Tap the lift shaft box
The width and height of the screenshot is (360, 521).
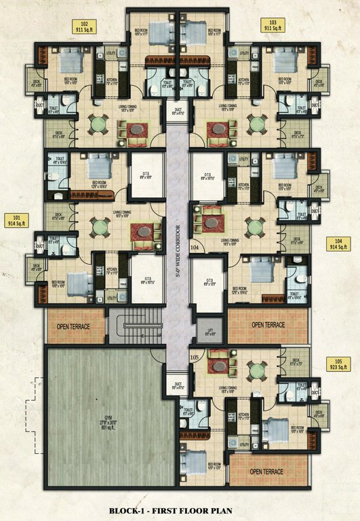click(210, 330)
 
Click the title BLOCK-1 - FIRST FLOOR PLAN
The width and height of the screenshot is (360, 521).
click(180, 509)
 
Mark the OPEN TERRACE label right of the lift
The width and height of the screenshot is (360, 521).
click(268, 325)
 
